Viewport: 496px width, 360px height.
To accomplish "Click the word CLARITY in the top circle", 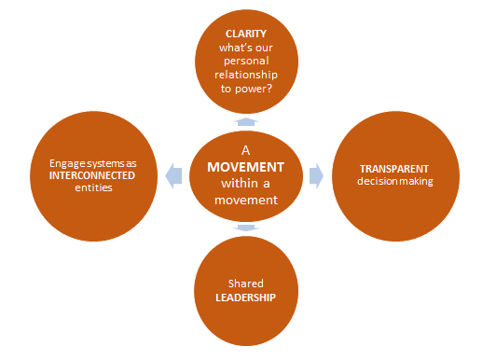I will point(246,33).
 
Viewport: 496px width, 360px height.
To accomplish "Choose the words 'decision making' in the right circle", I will point(396,181).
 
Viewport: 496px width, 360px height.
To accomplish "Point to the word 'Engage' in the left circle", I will point(67,161).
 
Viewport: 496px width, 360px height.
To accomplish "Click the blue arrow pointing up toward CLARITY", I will point(246,121).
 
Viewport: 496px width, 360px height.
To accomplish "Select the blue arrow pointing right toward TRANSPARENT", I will point(315,173).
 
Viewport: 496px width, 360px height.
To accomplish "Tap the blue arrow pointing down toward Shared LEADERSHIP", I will point(246,227).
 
